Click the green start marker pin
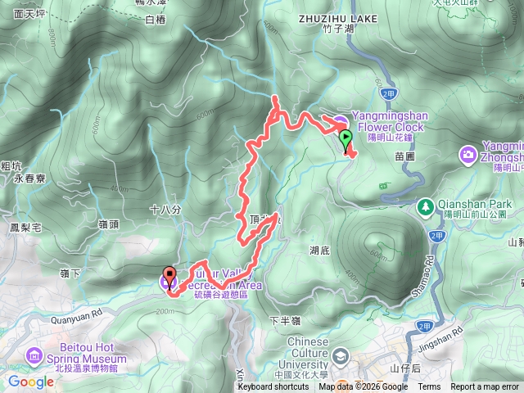tap(346, 138)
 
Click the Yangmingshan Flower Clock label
tap(387, 121)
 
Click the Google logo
tap(30, 382)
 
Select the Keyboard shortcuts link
tap(273, 386)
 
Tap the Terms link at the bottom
tap(429, 386)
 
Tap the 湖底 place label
tap(320, 250)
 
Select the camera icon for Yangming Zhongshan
tap(469, 152)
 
